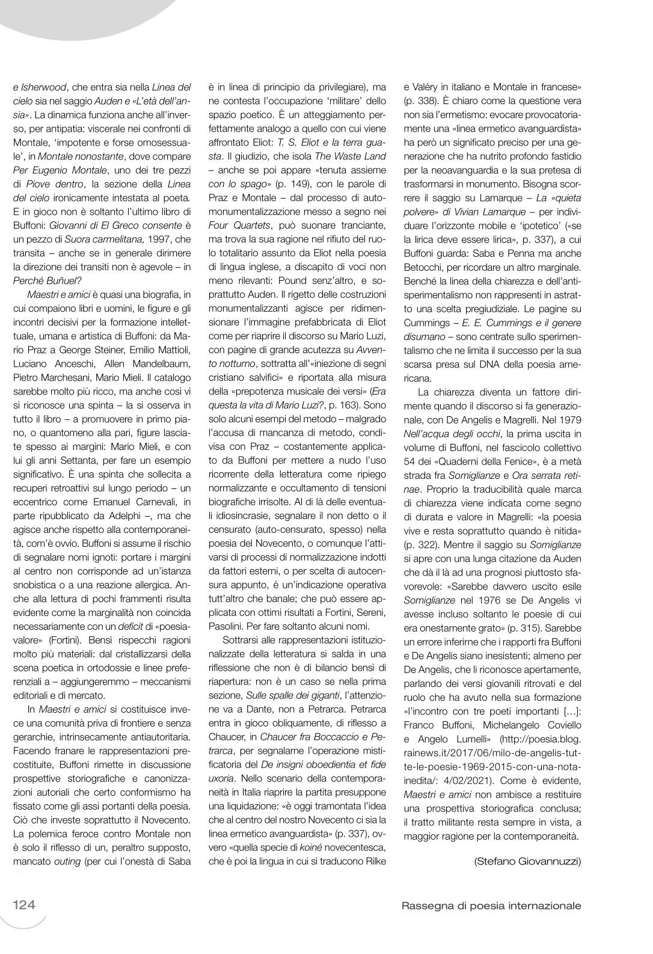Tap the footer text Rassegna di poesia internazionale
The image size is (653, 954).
pyautogui.click(x=491, y=905)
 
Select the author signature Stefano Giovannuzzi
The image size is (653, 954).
pyautogui.click(x=527, y=861)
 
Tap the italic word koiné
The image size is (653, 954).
pyautogui.click(x=317, y=848)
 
